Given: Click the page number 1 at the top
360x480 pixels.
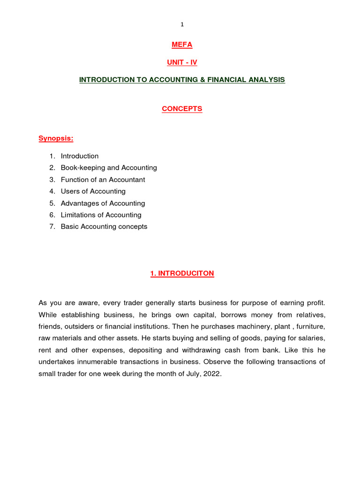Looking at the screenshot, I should tap(182, 24).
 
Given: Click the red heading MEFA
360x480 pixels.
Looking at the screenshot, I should tap(182, 45).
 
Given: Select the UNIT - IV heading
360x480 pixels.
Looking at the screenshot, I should tap(182, 62).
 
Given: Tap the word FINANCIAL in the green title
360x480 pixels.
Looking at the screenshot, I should tap(227, 80).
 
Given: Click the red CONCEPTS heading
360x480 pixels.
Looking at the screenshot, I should tap(182, 109).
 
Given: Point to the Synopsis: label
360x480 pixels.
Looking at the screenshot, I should tap(56, 138).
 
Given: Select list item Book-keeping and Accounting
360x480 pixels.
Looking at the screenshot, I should tap(109, 168).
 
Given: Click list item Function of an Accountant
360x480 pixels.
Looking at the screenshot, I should tap(103, 180).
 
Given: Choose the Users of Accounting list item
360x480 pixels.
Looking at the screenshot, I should tap(93, 191).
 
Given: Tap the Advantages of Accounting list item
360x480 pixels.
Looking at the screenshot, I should tap(103, 203).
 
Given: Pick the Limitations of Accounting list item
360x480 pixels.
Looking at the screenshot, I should tap(101, 215).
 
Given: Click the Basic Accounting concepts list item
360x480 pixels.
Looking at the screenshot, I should tap(104, 226).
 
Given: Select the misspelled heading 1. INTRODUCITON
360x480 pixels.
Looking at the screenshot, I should tap(182, 274).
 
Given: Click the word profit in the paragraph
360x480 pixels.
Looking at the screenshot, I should tap(315, 302).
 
